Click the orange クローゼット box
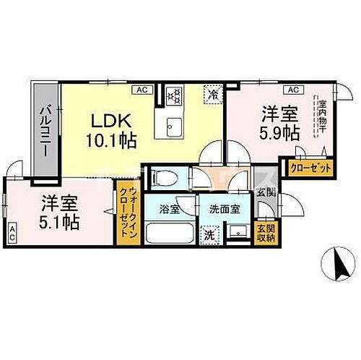(x=311, y=168)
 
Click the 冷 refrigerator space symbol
(x=213, y=93)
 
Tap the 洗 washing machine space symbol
(x=209, y=234)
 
